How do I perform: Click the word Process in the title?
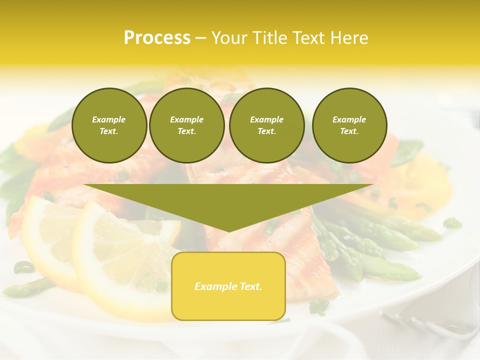tap(157, 38)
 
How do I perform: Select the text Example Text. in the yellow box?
tap(228, 286)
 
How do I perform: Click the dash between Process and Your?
tap(200, 38)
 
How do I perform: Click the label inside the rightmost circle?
tap(349, 125)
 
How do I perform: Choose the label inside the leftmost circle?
tap(109, 125)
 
